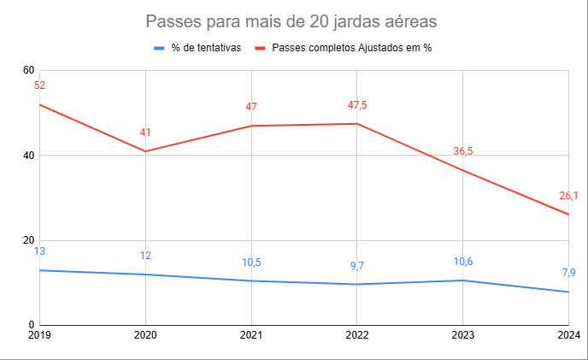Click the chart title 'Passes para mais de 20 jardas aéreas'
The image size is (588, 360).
point(293,21)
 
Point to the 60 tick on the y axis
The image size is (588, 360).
point(28,70)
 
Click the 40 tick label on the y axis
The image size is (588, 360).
point(28,156)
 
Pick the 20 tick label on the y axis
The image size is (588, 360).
point(28,240)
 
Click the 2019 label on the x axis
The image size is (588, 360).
point(39,336)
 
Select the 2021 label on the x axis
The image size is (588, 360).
point(251,336)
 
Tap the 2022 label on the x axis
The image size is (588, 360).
point(356,336)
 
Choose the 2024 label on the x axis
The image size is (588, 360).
point(568,336)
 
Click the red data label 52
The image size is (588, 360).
point(39,86)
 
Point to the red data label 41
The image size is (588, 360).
point(145,133)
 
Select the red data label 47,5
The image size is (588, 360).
point(356,105)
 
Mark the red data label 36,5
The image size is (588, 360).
point(462,151)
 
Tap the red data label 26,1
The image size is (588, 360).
point(568,196)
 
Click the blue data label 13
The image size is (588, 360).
point(39,251)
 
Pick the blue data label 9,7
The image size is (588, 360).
point(356,266)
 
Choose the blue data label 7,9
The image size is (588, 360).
point(568,273)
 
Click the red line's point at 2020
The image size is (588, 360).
point(145,151)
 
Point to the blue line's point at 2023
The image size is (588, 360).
point(462,280)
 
